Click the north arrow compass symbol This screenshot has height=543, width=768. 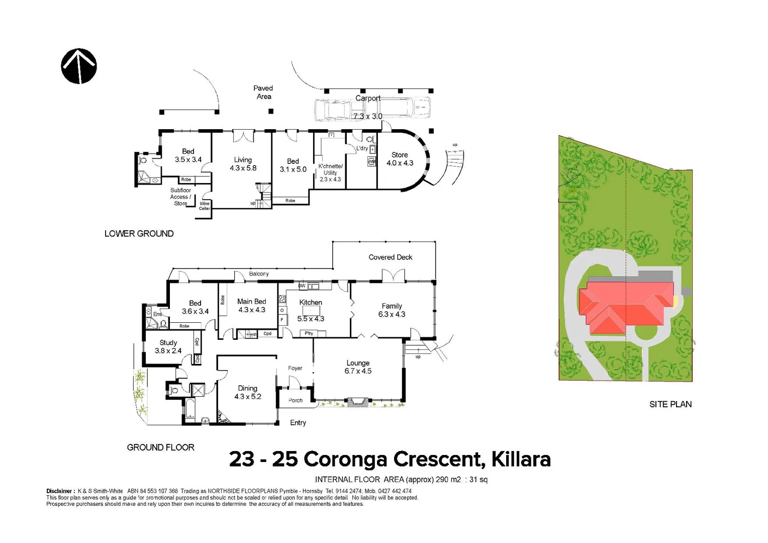(x=79, y=66)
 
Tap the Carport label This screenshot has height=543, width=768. (x=368, y=99)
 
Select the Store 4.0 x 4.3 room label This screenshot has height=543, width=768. (x=400, y=159)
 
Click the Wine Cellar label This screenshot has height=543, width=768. (x=205, y=206)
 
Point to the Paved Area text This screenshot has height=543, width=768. (x=263, y=92)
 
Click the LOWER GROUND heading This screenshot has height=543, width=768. (x=139, y=234)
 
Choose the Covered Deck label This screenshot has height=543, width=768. (x=390, y=257)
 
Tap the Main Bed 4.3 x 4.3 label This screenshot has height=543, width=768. (x=251, y=306)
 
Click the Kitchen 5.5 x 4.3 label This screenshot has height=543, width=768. (x=311, y=310)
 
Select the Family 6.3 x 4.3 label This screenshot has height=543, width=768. (x=392, y=310)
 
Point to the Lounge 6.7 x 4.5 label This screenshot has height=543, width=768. (x=358, y=367)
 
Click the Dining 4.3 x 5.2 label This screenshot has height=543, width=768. (x=247, y=392)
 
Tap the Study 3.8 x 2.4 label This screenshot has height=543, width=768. (x=168, y=346)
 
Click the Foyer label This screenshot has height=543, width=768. (x=295, y=368)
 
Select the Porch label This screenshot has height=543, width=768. (x=296, y=400)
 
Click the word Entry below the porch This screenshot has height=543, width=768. (x=298, y=423)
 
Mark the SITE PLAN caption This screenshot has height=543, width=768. (x=670, y=404)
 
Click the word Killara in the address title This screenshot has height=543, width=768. (x=521, y=459)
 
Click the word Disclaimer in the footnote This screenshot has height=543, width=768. (x=59, y=491)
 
